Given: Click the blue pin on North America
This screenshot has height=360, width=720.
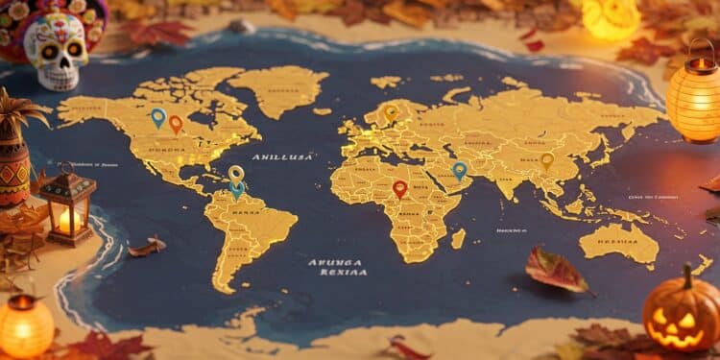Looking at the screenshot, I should (158, 117).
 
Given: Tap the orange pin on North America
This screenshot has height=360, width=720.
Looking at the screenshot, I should (176, 123).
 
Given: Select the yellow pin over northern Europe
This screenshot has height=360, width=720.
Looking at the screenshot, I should (391, 112).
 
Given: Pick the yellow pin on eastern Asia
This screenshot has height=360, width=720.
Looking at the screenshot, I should (547, 160).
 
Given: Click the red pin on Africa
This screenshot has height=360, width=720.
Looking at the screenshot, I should (400, 188).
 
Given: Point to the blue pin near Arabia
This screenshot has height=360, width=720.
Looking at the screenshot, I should (460, 170).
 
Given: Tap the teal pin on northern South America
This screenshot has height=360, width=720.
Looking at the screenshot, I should (237, 188).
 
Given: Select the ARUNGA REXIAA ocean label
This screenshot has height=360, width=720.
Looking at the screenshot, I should (337, 266).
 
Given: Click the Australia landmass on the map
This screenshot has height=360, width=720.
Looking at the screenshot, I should (619, 242).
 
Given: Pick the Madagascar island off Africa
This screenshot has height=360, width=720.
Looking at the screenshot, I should (458, 237).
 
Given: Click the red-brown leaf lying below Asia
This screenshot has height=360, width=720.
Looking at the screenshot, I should (558, 270).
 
